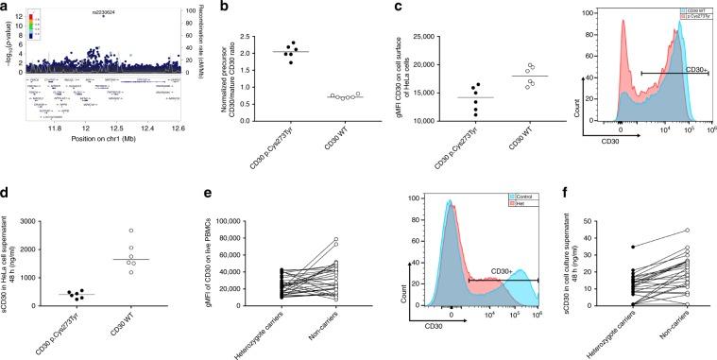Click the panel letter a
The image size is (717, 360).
[x=5, y=7]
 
